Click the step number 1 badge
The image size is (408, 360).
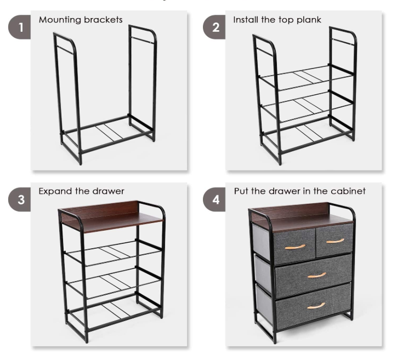20,27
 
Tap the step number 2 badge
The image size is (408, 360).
214,27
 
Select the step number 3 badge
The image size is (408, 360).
20,199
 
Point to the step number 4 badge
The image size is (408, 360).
214,199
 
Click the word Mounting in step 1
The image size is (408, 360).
60,20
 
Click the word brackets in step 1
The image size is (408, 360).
103,20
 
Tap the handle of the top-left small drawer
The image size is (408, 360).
295,247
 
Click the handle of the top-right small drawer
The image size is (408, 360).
336,241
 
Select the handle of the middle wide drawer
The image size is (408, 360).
317,275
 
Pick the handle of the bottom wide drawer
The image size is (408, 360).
316,306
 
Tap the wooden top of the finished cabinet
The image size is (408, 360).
302,216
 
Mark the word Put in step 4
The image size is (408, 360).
241,191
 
